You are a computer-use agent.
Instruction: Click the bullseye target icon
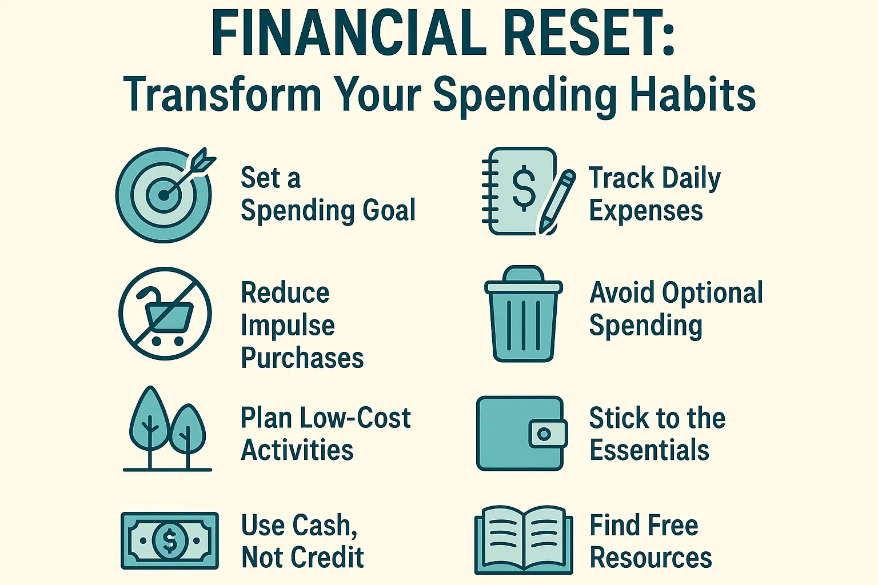[163, 195]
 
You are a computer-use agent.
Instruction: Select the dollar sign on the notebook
[524, 186]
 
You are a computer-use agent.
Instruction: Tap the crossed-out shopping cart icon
[165, 314]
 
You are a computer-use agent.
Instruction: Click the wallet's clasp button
[544, 434]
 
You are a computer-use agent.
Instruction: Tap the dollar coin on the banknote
[170, 540]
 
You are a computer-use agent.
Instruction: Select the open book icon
[524, 540]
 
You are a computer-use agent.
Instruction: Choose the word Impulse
[288, 326]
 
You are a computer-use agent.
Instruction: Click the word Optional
[712, 293]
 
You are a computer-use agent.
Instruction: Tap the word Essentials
[649, 450]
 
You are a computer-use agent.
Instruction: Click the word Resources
[650, 558]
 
